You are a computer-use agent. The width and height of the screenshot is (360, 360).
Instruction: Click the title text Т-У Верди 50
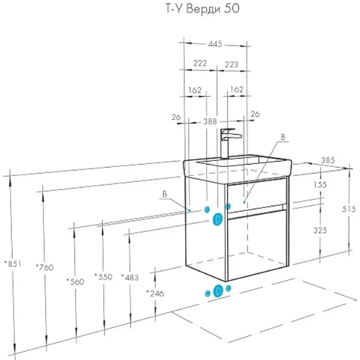202,9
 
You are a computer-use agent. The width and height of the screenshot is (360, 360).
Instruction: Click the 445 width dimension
215,44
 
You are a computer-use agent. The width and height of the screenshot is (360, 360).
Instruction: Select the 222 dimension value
200,63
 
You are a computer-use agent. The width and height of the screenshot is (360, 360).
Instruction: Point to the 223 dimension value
231,64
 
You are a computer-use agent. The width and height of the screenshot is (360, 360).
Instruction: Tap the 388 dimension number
210,121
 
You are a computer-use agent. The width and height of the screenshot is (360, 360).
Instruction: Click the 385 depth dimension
328,160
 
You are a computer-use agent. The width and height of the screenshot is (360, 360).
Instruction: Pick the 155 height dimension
320,184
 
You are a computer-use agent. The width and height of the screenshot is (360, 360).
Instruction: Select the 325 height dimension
320,230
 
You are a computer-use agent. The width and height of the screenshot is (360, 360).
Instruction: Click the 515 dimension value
349,209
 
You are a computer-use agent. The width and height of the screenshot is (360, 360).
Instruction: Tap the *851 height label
13,264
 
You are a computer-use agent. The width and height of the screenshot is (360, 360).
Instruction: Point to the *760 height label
45,267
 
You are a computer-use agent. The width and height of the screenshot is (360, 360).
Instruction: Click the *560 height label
75,281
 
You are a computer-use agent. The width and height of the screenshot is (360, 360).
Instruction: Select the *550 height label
104,277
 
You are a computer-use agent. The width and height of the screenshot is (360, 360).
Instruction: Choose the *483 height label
130,277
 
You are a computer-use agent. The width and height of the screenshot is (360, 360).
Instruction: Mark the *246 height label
155,293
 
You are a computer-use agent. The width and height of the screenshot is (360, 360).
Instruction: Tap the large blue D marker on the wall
218,219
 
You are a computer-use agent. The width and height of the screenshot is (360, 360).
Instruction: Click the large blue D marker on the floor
218,291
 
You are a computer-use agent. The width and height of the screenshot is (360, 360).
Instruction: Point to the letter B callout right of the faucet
283,137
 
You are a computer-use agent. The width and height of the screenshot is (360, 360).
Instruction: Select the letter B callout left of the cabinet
165,194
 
